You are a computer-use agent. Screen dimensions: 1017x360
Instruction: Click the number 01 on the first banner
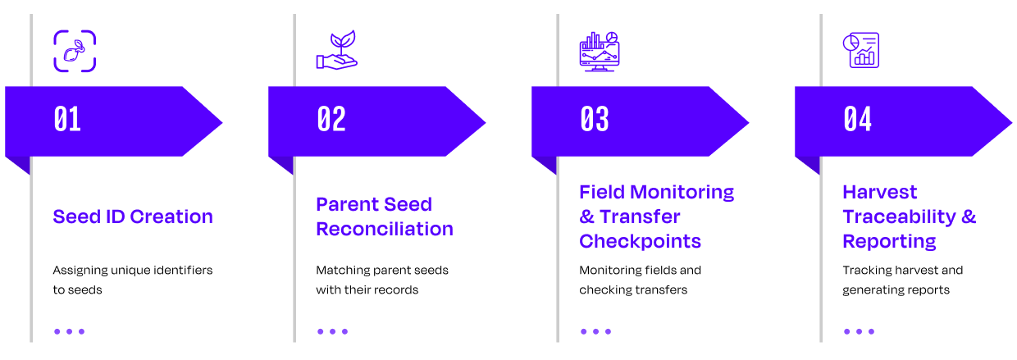point(67,119)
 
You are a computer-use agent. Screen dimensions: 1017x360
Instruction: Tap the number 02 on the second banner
point(331,119)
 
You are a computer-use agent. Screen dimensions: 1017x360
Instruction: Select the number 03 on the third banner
point(595,119)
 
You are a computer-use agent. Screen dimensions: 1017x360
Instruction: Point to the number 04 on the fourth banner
point(858,119)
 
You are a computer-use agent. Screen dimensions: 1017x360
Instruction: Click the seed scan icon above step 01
point(75,51)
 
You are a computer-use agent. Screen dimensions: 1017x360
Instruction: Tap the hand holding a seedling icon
point(337,50)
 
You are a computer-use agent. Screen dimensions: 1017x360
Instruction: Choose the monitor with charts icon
point(600,52)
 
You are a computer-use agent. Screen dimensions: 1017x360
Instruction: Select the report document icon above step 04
point(861,50)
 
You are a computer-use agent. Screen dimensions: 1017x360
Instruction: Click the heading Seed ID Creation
point(133,216)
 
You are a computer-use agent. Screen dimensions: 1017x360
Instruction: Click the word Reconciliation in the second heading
point(385,229)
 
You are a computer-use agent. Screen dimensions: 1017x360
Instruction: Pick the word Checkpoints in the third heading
point(641,242)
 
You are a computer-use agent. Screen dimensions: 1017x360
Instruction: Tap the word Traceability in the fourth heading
point(900,217)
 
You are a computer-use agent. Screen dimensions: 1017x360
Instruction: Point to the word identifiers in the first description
point(183,270)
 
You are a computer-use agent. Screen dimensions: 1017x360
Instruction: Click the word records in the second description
point(394,289)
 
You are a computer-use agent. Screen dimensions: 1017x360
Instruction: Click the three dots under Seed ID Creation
point(69,331)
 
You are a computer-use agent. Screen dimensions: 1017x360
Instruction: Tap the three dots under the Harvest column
point(859,331)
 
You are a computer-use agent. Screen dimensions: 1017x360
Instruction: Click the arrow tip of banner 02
point(486,122)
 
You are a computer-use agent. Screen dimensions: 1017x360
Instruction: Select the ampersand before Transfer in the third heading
point(586,216)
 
